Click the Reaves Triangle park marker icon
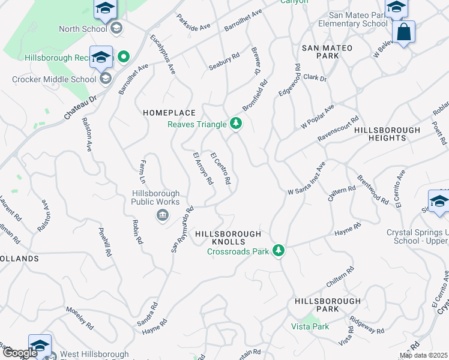pos(237,124)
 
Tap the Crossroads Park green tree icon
pos(278,250)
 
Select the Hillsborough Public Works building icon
pos(162,215)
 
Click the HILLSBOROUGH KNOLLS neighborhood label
pos(229,238)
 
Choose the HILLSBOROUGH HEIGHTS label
pos(387,134)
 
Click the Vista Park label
pos(310,326)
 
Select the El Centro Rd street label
pos(220,169)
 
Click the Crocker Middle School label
pos(54,79)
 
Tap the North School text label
pos(83,28)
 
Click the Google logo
pos(19,353)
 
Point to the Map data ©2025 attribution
pos(423,355)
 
